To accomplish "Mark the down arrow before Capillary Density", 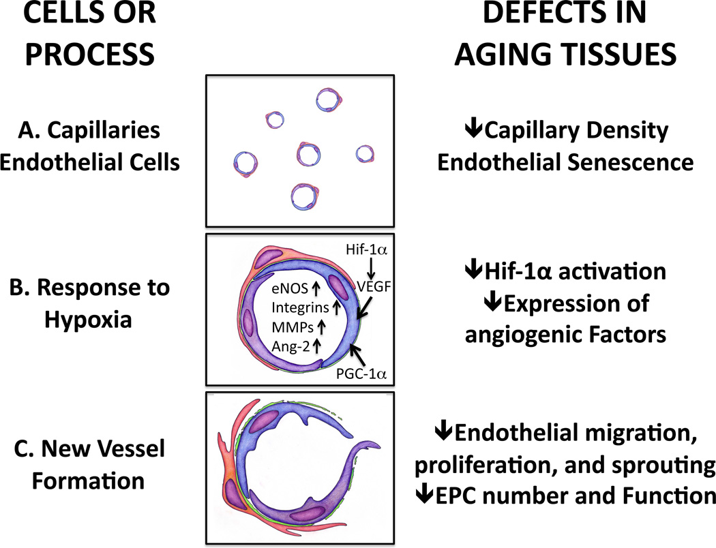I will (x=468, y=130).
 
